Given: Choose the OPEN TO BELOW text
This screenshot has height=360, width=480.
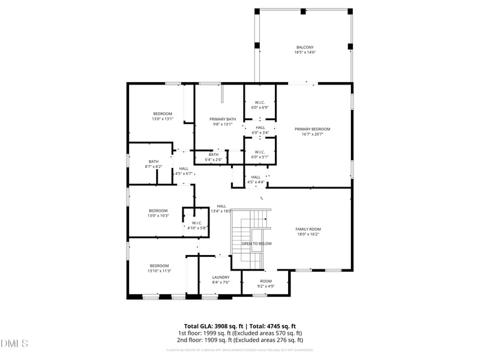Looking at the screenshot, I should (256, 244).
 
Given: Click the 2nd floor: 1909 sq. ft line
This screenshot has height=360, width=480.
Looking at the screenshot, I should (240, 340).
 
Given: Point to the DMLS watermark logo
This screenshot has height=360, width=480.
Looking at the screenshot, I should (14, 343).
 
